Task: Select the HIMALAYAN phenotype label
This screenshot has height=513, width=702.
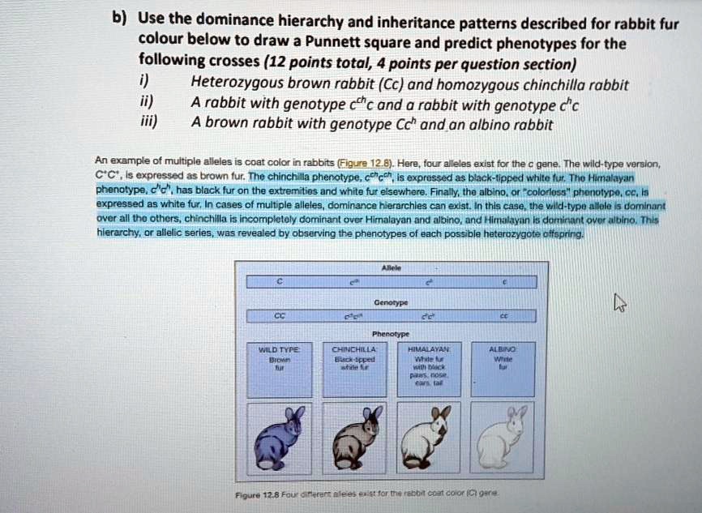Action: point(428,347)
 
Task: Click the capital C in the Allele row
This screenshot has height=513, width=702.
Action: point(278,283)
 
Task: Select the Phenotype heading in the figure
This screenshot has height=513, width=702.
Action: point(391,333)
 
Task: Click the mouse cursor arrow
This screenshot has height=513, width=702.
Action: point(619,304)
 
